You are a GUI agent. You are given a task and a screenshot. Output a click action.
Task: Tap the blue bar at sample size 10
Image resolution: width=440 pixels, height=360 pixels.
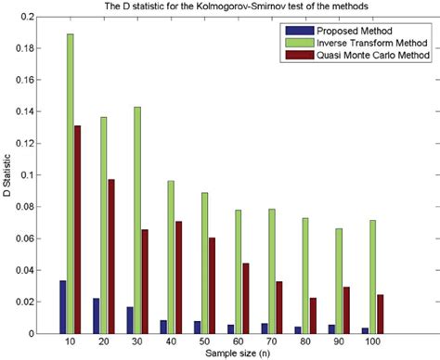(x=62, y=307)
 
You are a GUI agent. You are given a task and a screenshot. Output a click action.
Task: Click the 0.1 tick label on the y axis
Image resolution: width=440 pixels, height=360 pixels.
(x=34, y=175)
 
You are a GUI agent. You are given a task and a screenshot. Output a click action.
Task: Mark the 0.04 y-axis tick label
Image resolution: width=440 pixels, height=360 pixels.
(x=31, y=270)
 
